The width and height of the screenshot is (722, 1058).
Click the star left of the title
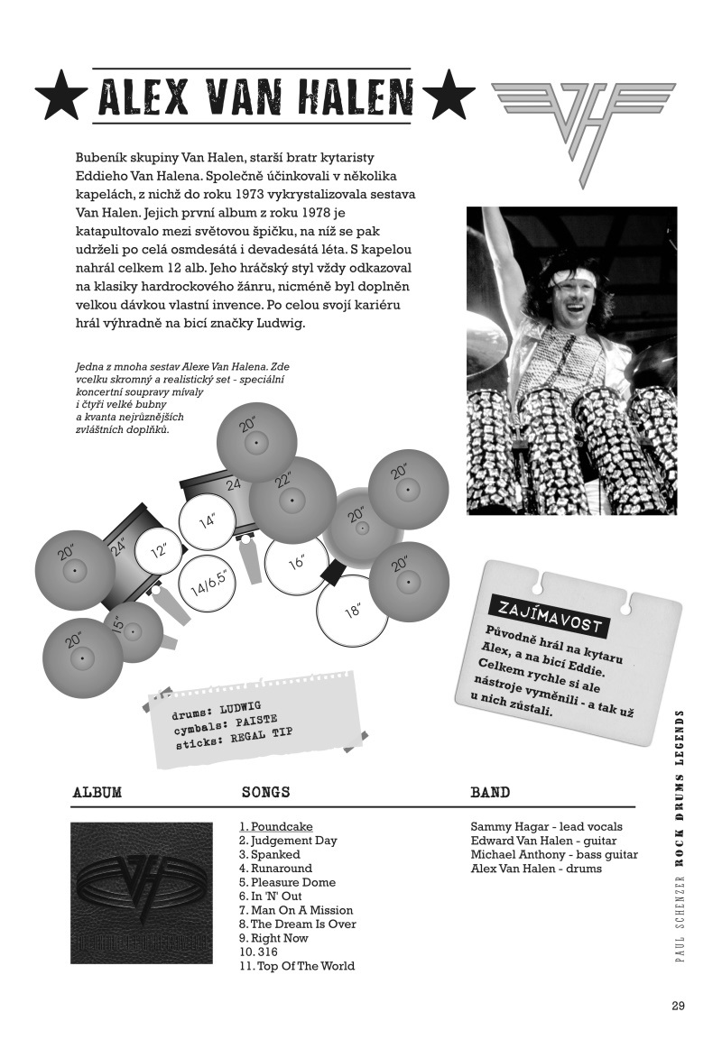[61, 96]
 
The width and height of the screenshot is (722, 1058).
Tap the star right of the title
[448, 96]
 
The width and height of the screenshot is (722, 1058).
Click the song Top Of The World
[297, 966]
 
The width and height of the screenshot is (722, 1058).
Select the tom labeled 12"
[159, 551]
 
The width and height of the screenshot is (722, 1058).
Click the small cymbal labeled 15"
[134, 631]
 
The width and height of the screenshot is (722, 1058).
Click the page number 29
[679, 1007]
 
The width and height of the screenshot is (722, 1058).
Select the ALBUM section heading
[97, 793]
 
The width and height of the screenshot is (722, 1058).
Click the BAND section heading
[490, 793]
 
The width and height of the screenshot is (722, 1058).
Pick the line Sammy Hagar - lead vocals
[546, 826]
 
